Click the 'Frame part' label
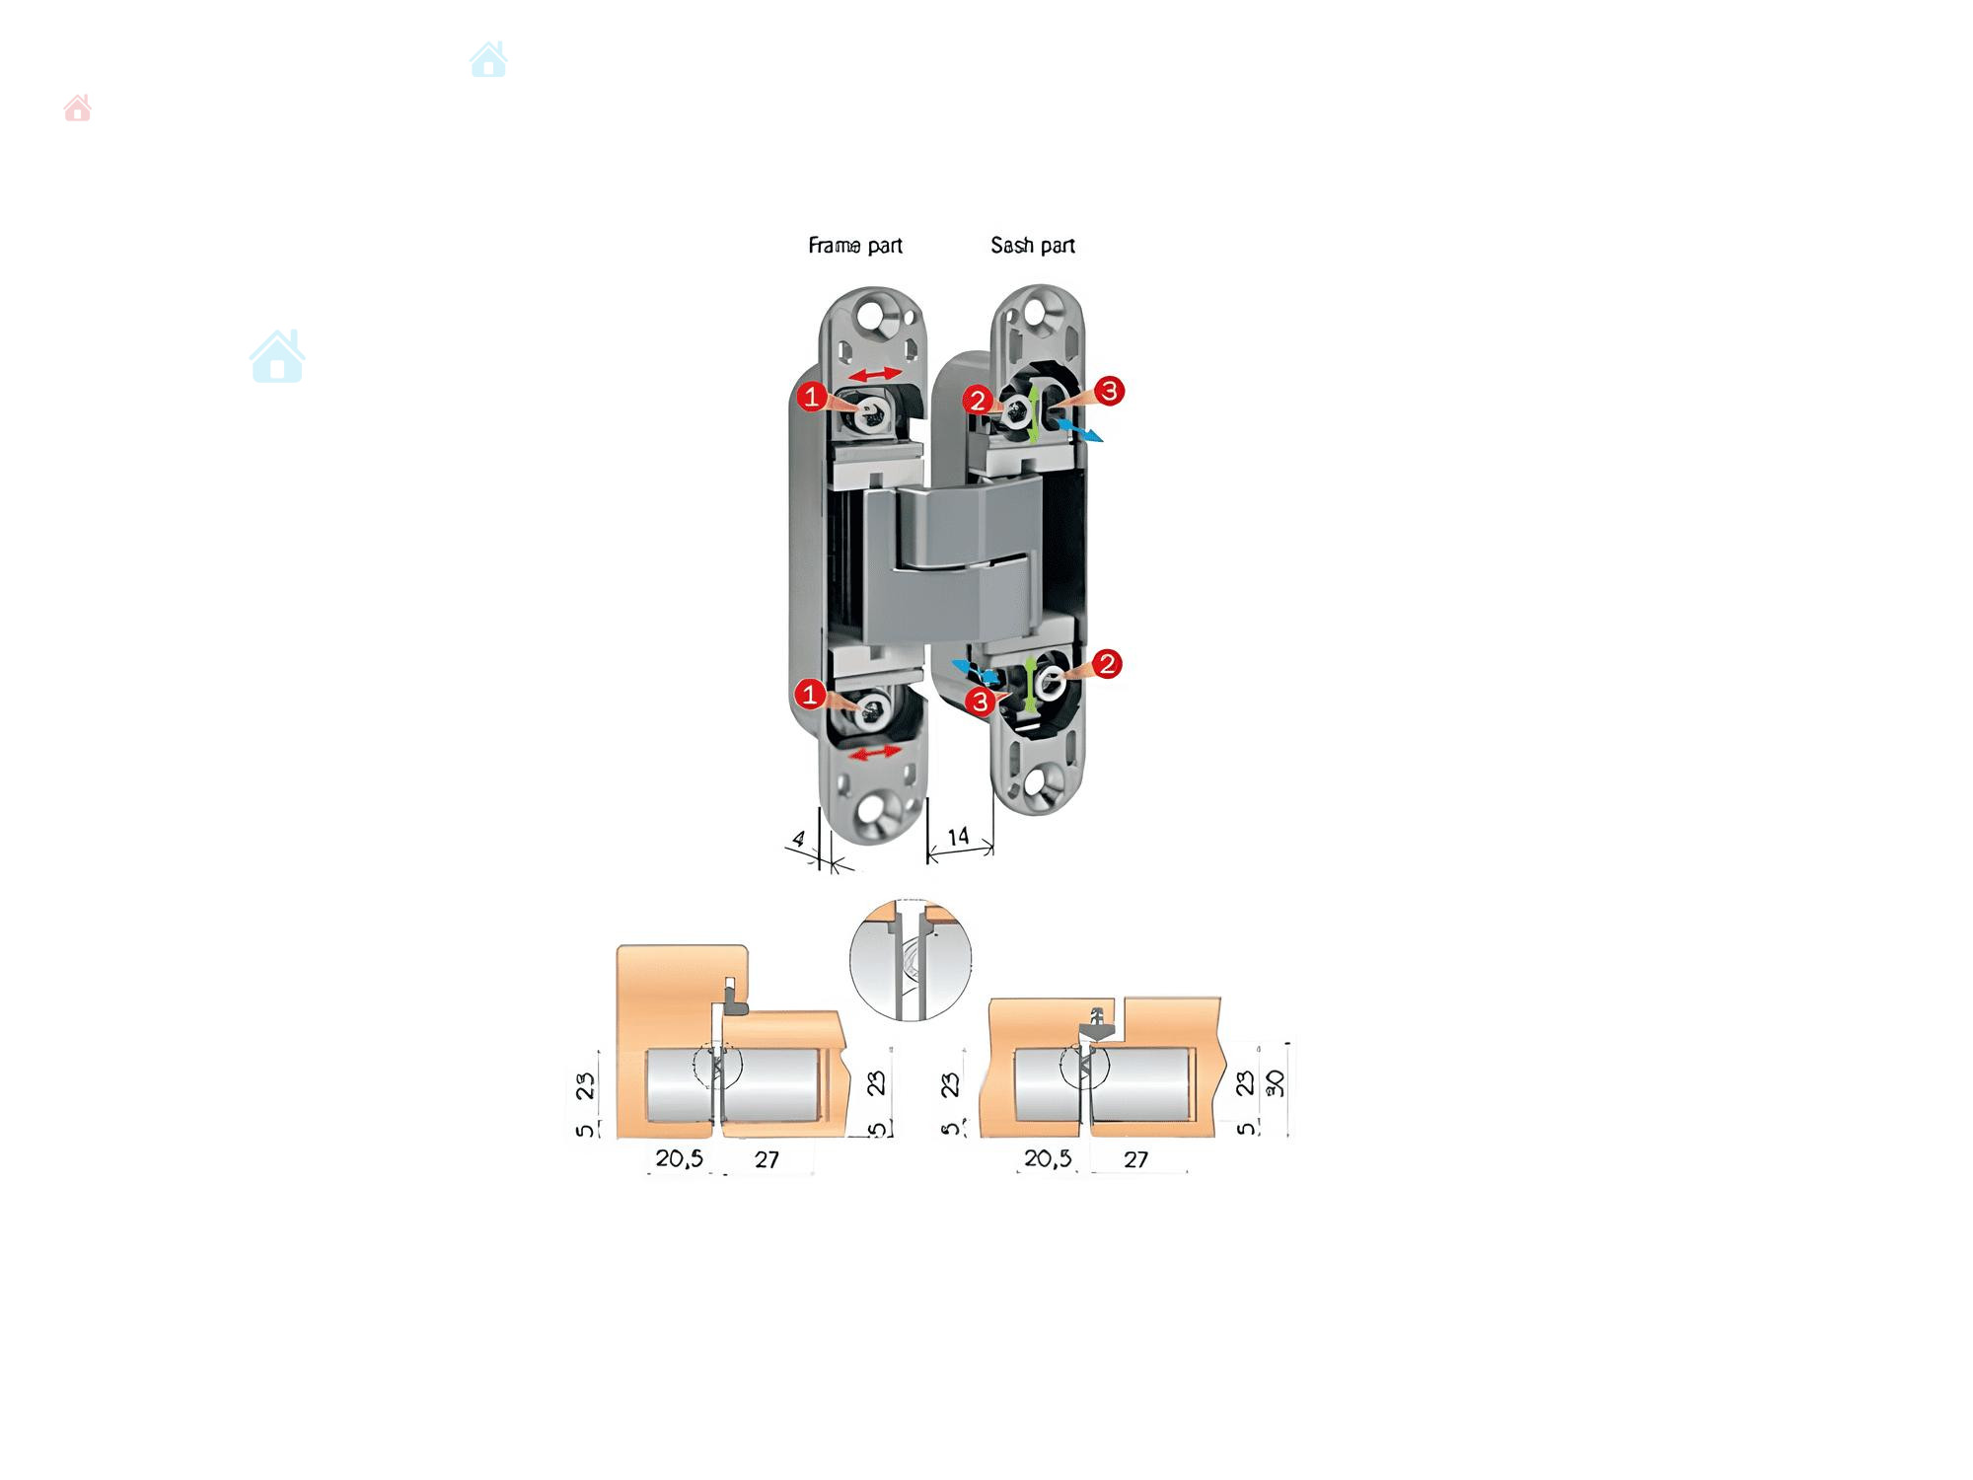(x=855, y=246)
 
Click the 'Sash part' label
(x=1033, y=246)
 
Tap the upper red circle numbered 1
(x=812, y=397)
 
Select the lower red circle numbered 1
(x=810, y=695)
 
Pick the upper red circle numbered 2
(x=978, y=400)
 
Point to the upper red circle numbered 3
(x=1109, y=391)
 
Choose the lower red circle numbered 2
(x=1107, y=664)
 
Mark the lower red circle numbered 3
(x=980, y=702)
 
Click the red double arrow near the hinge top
(x=875, y=374)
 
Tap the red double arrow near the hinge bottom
(x=876, y=753)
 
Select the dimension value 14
(x=958, y=838)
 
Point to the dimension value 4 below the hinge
(x=799, y=840)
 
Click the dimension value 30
(x=1276, y=1083)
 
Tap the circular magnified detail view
(x=911, y=959)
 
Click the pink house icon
(x=78, y=108)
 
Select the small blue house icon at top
(x=488, y=59)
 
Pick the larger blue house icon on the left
(x=277, y=356)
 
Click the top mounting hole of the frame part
(x=872, y=317)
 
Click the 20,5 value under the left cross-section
(x=680, y=1158)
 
